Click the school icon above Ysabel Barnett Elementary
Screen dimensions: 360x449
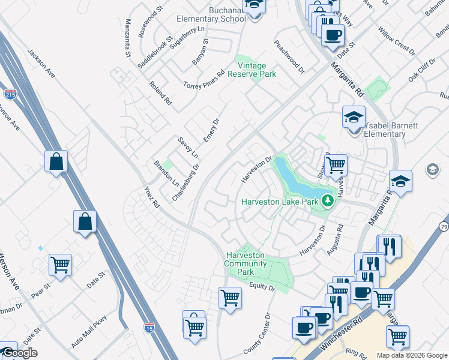[x=354, y=116]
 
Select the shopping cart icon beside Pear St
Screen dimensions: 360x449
[x=60, y=265]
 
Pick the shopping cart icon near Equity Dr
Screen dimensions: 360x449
[x=231, y=298]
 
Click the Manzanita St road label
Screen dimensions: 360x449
[x=128, y=38]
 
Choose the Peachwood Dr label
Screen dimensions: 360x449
[x=289, y=57]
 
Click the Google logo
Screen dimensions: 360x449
[x=19, y=353]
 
